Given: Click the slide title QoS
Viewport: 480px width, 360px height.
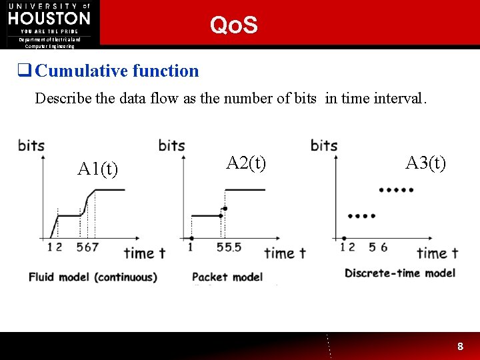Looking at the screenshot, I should [x=233, y=25].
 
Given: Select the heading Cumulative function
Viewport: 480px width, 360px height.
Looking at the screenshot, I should [x=117, y=71].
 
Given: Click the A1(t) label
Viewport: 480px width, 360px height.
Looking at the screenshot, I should [x=98, y=169].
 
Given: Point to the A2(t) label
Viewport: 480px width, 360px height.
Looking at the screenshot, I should [x=246, y=163].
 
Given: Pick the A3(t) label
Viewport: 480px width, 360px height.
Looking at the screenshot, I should [x=425, y=163].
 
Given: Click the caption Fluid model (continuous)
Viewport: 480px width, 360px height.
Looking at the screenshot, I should [x=93, y=277].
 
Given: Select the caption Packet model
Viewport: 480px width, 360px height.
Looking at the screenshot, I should [x=227, y=277].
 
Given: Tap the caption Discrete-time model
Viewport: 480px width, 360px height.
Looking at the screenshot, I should [x=400, y=273].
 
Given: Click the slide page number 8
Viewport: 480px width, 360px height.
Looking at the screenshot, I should [x=460, y=347].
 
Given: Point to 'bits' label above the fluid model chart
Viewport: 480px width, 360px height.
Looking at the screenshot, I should [x=31, y=145].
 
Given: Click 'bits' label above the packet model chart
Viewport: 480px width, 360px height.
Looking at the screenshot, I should [x=171, y=145].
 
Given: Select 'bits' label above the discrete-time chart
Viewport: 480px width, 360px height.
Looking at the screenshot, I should [x=324, y=145].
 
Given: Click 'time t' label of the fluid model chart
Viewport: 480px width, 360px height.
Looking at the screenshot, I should [x=144, y=253].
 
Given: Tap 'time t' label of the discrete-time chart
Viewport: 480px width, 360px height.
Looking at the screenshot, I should [x=437, y=253].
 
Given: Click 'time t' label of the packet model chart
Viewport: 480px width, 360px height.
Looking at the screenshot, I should [x=285, y=253].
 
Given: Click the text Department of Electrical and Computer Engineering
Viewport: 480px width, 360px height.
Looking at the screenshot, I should [x=50, y=43].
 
